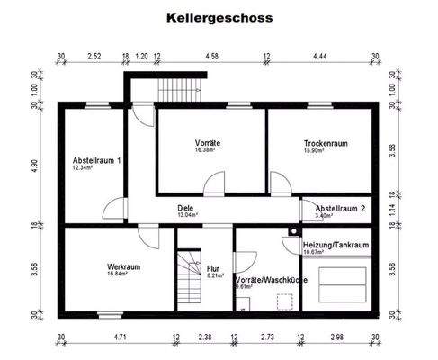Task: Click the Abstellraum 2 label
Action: pos(340,207)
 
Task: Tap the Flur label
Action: pos(213,269)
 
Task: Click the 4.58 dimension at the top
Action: pos(212,56)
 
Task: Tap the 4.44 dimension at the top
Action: pos(319,56)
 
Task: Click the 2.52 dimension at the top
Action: pos(94,56)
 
